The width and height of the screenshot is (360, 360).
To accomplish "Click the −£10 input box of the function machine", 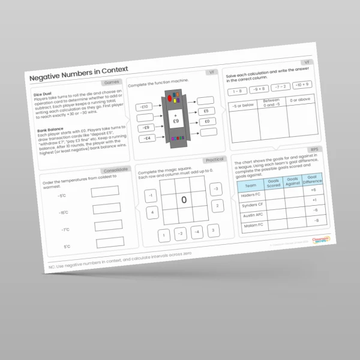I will [x=145, y=107].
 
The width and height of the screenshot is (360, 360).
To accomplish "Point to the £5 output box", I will [x=206, y=111].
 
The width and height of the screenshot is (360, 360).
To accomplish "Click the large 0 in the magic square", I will [x=184, y=199].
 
